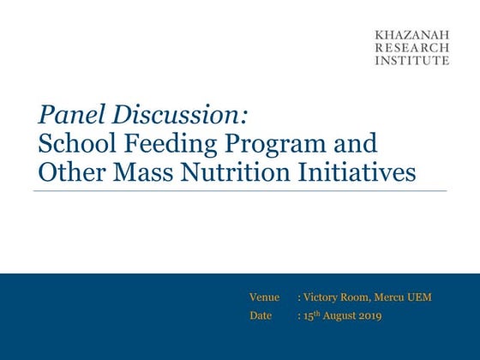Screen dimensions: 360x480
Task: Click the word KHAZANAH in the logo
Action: click(x=411, y=35)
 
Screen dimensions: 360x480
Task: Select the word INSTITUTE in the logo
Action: click(x=411, y=61)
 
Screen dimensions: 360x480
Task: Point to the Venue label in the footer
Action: click(x=264, y=297)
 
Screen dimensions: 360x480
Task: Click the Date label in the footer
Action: click(x=261, y=315)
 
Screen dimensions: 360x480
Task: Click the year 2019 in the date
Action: click(x=369, y=315)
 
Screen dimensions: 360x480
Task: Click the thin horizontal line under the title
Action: click(x=240, y=191)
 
